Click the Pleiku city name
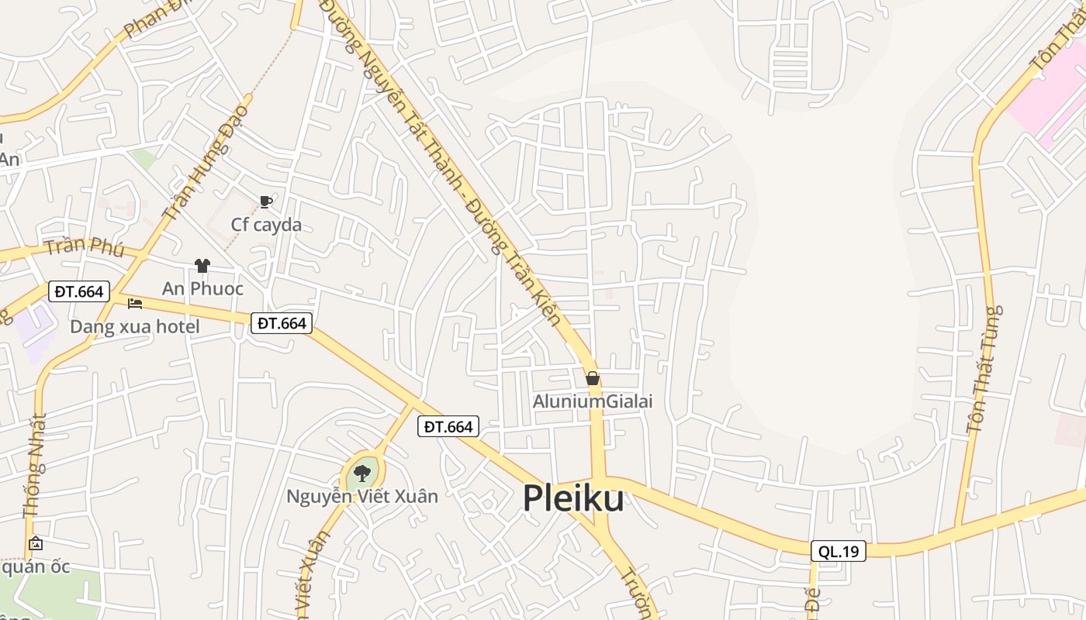point(573,498)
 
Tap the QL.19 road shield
point(838,551)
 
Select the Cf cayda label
point(266,225)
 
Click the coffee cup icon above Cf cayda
point(266,202)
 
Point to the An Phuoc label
point(202,288)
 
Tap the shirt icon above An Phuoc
point(202,266)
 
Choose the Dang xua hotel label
point(135,326)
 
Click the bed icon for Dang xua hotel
point(135,303)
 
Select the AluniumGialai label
point(593,401)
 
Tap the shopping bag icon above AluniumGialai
point(593,378)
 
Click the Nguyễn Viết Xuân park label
point(362,496)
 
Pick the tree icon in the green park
point(362,473)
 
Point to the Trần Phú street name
point(85,246)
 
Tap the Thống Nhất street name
point(35,465)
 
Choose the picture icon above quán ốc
point(35,544)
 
